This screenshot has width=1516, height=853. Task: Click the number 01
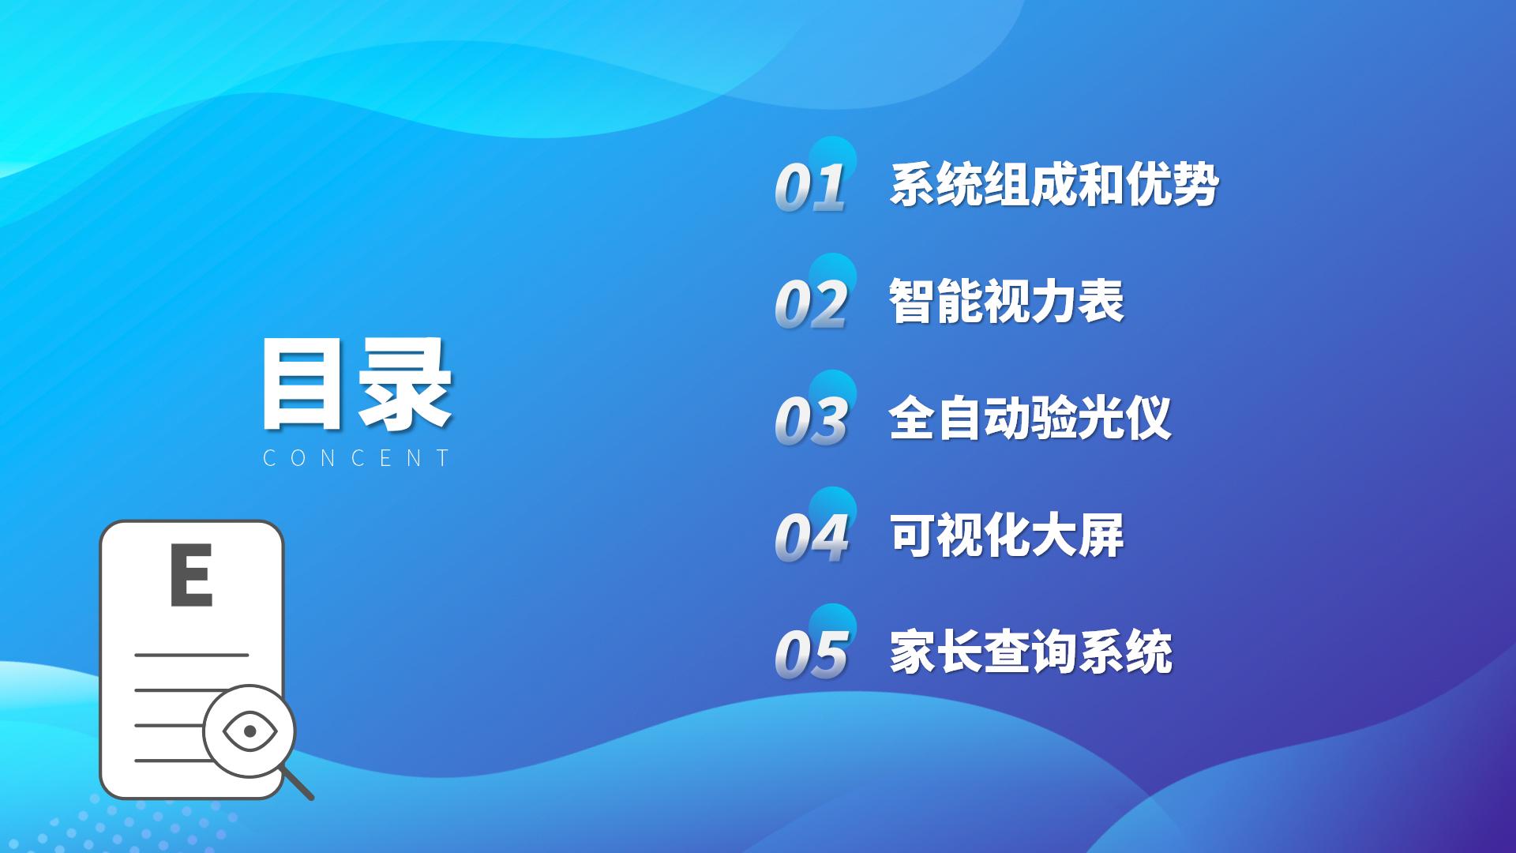(x=811, y=188)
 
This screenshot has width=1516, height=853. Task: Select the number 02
(x=811, y=304)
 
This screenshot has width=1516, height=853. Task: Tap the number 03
(x=811, y=420)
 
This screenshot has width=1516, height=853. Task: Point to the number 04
(x=811, y=537)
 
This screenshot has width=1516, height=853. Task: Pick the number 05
(x=811, y=654)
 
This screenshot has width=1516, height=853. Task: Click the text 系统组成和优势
(x=1054, y=185)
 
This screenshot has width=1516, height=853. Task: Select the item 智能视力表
(x=1007, y=301)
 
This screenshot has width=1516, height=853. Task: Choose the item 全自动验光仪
(x=1030, y=418)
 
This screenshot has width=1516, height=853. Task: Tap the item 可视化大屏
(x=1007, y=535)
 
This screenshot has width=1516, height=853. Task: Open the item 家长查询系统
(x=1030, y=652)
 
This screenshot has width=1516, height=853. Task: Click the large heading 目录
(x=357, y=385)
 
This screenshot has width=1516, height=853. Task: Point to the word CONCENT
(x=357, y=458)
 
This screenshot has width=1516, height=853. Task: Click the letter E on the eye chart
(x=191, y=574)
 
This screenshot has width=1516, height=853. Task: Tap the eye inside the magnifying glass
(x=250, y=731)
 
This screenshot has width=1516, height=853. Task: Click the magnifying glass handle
(x=298, y=784)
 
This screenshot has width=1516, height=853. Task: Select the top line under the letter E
(x=192, y=655)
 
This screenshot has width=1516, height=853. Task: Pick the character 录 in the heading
(x=405, y=385)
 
